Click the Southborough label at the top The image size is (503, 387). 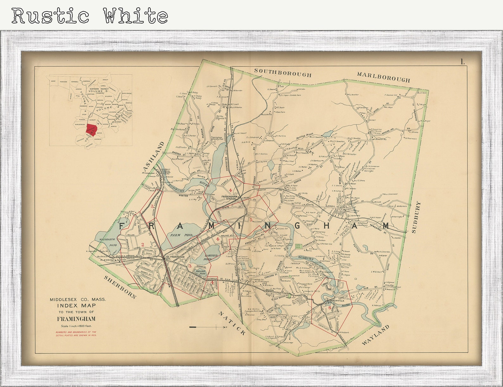pos(283,73)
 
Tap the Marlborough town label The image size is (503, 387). pos(383,77)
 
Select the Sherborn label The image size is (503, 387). pos(120,287)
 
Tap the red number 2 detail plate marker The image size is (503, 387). pos(143,244)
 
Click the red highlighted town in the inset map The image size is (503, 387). pos(92,129)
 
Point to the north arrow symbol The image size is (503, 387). pos(207,327)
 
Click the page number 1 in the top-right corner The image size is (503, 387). pos(463,62)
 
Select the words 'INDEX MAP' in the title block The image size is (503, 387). pos(76,306)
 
